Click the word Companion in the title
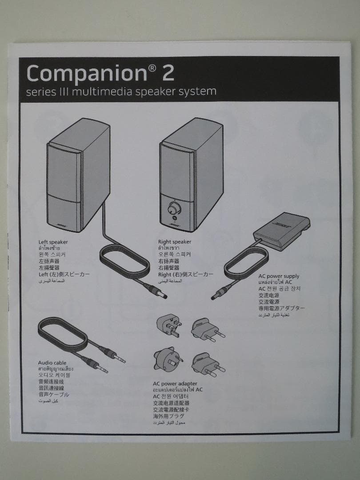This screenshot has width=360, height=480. (x=86, y=73)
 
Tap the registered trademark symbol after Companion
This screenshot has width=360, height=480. (x=152, y=68)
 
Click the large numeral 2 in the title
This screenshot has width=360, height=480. (x=168, y=73)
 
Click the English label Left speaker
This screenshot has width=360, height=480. (x=53, y=242)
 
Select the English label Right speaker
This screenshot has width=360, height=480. (x=174, y=242)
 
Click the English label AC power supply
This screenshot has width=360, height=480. (x=279, y=276)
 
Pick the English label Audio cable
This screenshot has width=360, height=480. (x=52, y=363)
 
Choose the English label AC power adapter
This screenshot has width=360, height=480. (x=175, y=384)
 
